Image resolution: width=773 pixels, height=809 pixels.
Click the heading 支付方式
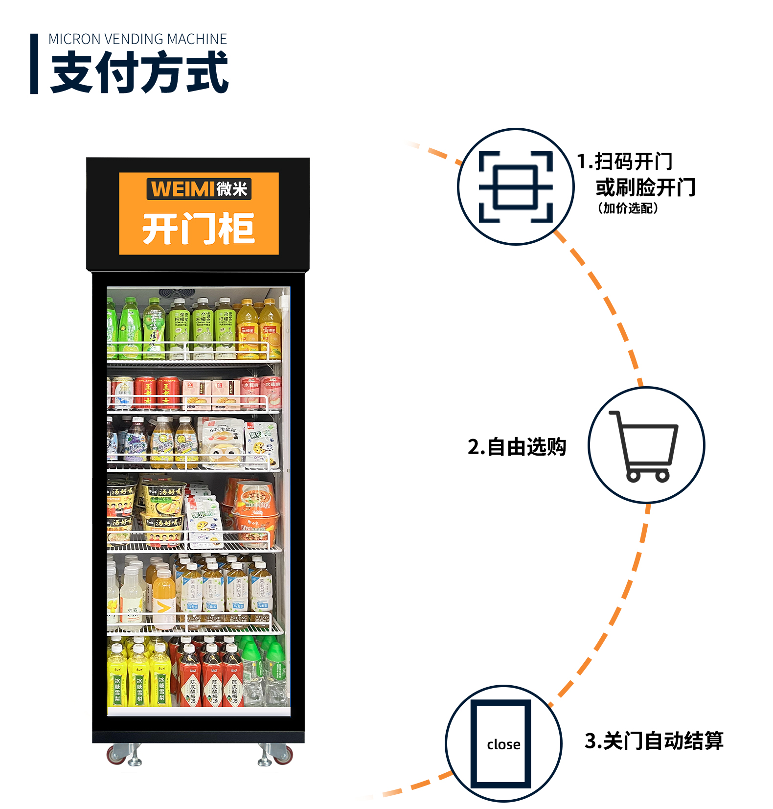pos(139,72)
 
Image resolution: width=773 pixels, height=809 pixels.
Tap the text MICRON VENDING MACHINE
pos(137,39)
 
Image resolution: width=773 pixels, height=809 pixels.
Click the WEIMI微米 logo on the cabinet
pos(199,189)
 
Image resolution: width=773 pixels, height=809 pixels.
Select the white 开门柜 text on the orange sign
pos(199,228)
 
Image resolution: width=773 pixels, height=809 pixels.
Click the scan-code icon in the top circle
pos(516,186)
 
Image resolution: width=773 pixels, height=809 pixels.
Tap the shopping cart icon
pos(645,445)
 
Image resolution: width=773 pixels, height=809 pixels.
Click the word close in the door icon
pos(503,744)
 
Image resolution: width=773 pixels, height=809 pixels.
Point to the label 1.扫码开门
pos(625,161)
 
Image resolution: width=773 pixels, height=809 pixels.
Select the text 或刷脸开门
pos(645,187)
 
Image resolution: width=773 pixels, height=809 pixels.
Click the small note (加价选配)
pos(628,208)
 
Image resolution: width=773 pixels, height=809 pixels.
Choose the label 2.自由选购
pos(517,447)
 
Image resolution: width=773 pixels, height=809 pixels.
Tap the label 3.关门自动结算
pos(654,740)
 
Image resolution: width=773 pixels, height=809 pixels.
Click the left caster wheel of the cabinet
pos(119,754)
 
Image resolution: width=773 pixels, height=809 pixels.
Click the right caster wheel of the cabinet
pos(281,754)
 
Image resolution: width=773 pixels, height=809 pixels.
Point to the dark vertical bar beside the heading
pos(34,64)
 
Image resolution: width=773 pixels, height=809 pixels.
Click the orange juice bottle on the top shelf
pos(249,330)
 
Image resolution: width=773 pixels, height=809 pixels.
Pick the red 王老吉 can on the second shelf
pos(146,393)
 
